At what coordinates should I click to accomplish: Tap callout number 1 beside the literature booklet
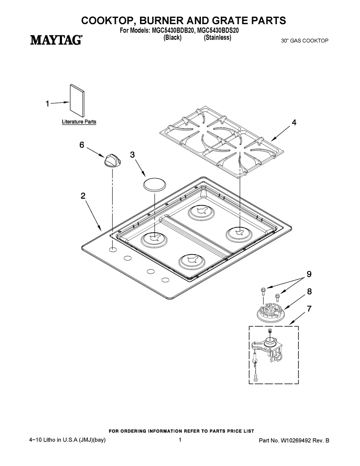tap(48, 104)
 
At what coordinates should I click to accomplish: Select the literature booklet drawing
tap(77, 100)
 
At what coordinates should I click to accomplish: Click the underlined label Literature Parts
tap(79, 122)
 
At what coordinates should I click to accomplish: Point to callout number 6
tap(82, 145)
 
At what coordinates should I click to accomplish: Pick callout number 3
tap(132, 155)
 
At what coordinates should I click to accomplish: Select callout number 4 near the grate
tap(294, 122)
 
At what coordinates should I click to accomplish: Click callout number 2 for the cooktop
tap(83, 196)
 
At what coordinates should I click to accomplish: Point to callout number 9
tap(309, 274)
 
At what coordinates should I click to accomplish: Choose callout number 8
tap(310, 291)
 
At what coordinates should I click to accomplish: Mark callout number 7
tap(309, 309)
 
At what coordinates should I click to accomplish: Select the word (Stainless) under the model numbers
tap(217, 37)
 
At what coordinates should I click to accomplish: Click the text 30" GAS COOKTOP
tap(305, 41)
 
